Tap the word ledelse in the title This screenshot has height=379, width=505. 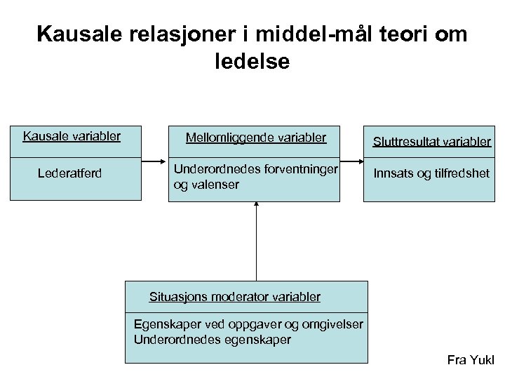[252, 62]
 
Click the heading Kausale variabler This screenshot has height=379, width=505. [72, 135]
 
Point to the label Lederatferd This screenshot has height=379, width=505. [69, 173]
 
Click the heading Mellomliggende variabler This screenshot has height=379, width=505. [256, 138]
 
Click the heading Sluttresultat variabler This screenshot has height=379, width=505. [432, 142]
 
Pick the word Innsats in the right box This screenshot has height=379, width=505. [393, 173]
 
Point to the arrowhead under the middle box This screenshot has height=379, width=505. [257, 204]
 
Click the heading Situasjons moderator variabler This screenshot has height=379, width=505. [235, 297]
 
